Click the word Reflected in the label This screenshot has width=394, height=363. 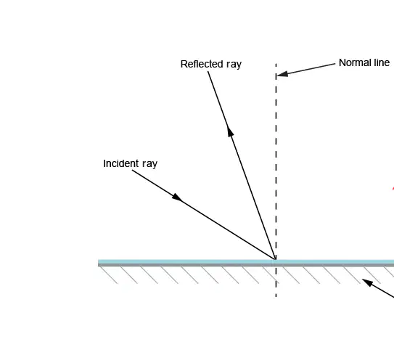(x=202, y=64)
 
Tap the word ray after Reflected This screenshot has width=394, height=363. (x=234, y=65)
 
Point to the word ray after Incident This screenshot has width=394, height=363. (x=149, y=164)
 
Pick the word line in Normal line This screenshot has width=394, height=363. (x=382, y=62)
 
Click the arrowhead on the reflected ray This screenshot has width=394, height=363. (x=230, y=131)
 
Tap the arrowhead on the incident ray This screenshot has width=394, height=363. (x=177, y=197)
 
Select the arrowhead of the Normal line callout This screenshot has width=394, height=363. (x=282, y=74)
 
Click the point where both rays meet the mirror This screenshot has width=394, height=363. (x=276, y=259)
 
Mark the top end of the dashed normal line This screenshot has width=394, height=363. (x=276, y=64)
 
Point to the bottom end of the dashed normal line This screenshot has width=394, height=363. (x=276, y=298)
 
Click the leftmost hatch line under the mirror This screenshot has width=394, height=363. (x=109, y=275)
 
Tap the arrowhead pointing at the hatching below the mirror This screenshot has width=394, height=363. (x=367, y=282)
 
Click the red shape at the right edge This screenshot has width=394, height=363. (x=393, y=188)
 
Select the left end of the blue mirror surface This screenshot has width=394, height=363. (x=98, y=261)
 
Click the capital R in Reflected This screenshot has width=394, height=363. (x=184, y=64)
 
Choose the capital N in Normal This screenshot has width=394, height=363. (x=342, y=62)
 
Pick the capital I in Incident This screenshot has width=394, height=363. (x=104, y=163)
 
